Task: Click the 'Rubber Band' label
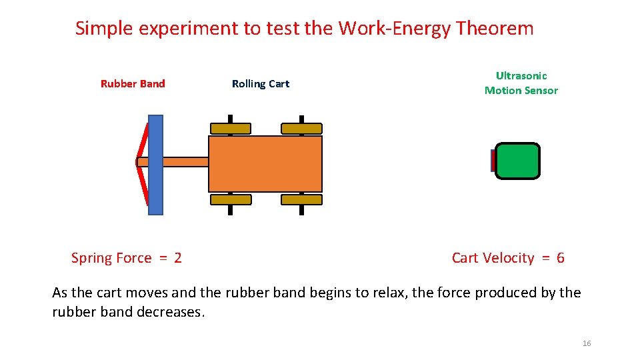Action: coord(133,83)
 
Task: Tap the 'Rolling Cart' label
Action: coord(261,83)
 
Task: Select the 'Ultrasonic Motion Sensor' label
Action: coord(521,83)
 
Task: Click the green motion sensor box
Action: coord(517,161)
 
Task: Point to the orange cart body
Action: coord(265,164)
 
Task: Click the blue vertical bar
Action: coord(155,165)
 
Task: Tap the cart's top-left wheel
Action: coord(231,129)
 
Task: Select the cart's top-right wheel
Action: coord(301,129)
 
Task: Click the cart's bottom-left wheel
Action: coord(231,199)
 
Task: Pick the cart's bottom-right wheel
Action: coord(301,199)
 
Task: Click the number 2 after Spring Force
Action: coord(177,258)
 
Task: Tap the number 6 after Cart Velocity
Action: coord(560,258)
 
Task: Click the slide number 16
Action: coord(587,343)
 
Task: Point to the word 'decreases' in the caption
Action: coord(171,312)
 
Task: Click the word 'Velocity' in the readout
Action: coord(512,258)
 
